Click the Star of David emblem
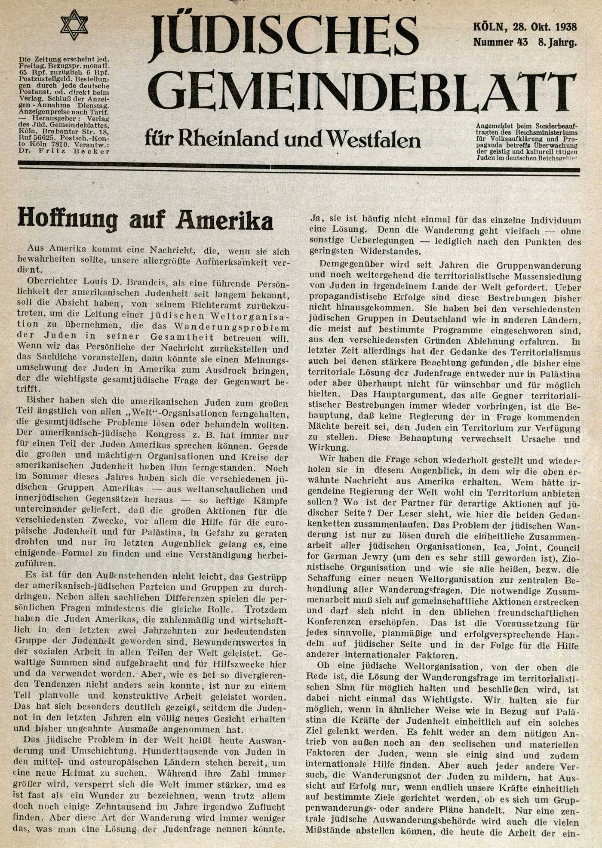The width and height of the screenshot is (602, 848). point(74,25)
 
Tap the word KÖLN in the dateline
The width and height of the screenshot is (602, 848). point(488,28)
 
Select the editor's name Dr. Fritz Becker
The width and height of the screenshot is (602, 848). point(64,151)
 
